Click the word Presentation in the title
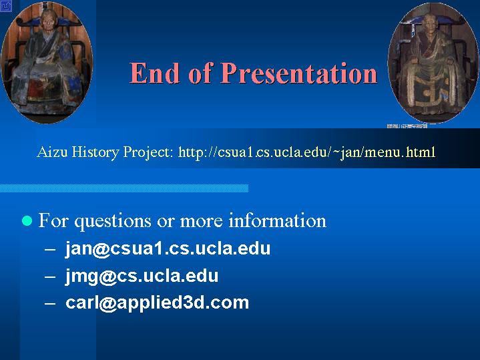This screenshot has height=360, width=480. pos(299,73)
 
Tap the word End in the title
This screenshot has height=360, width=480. pos(154,73)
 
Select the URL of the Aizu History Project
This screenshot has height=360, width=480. pos(306,152)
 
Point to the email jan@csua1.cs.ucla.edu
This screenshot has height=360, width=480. pos(168,248)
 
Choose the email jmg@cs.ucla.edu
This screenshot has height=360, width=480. pos(142,275)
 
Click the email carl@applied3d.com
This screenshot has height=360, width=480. pos(157,303)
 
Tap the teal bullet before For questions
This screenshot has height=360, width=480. pos(27,220)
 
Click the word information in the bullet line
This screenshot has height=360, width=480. pos(278,220)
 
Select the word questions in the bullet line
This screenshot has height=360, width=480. pos(113,221)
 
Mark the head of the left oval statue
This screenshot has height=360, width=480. pos(48,19)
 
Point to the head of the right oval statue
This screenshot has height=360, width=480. pos(430,23)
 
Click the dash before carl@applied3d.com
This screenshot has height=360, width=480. pos(50,303)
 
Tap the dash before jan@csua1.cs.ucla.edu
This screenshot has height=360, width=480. pos(50,248)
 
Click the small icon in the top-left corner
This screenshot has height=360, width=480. pos(6,6)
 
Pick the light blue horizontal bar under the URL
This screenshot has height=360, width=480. pos(124,188)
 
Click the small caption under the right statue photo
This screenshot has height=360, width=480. pos(407,126)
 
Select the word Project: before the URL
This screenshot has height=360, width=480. pos(148,152)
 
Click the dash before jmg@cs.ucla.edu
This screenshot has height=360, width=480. pos(50,276)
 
